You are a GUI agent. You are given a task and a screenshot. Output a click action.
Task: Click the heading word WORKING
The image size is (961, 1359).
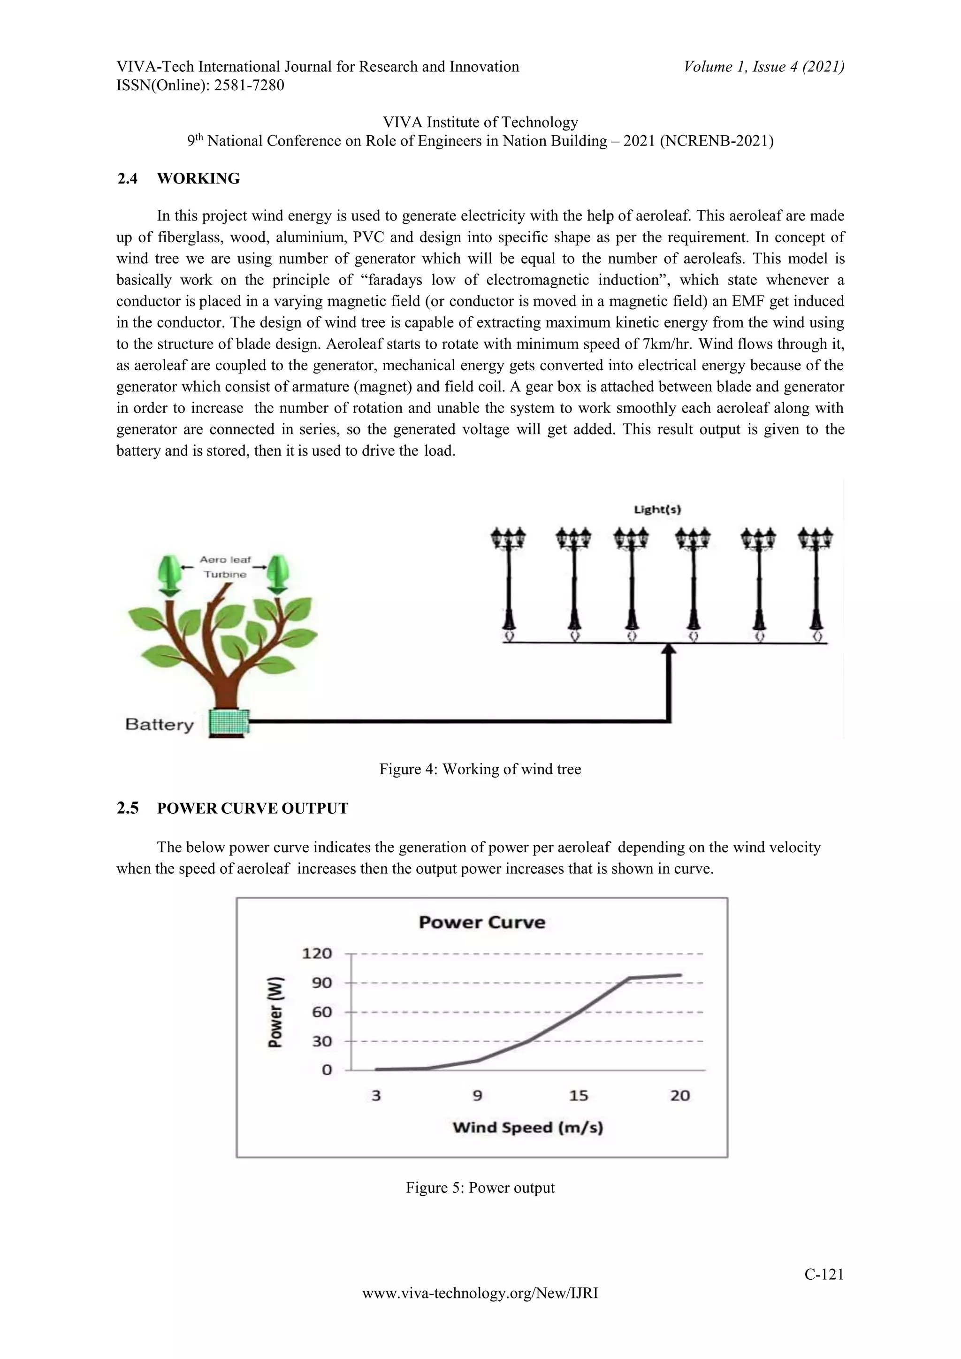coord(198,179)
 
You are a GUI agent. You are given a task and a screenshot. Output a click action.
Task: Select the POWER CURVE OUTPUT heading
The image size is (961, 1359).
coord(252,809)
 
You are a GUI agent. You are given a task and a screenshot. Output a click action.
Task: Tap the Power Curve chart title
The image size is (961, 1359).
coord(482,922)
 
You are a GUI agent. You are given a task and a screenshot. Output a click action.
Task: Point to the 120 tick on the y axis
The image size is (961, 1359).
coord(317,954)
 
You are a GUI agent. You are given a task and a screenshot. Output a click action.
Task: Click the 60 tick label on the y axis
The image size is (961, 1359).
coord(322,1012)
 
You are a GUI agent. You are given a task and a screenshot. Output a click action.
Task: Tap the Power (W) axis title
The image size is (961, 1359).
coord(276,1012)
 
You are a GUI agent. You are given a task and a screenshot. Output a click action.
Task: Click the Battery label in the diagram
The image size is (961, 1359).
coord(160,725)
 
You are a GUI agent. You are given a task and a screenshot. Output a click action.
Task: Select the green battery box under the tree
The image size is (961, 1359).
coord(229,723)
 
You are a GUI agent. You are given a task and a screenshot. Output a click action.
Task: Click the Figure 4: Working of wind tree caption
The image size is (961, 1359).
coord(480,770)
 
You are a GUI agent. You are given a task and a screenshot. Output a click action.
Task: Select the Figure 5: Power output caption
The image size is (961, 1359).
coord(480,1188)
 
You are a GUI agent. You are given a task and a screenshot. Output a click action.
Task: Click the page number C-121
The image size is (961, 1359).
coord(824,1275)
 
